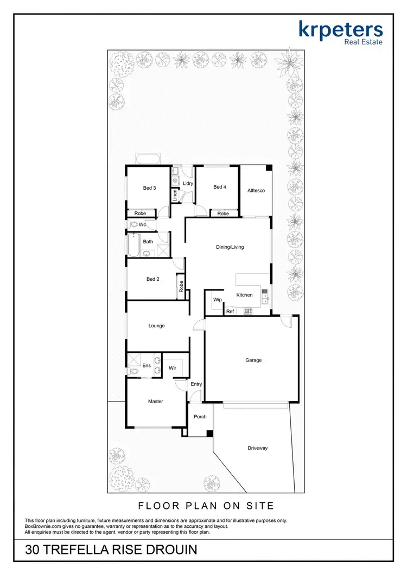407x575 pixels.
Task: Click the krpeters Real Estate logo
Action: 340,33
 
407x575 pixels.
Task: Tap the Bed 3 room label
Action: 150,188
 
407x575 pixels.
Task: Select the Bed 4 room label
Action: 219,187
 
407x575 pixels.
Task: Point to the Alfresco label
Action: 256,191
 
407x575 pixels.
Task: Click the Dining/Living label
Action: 230,247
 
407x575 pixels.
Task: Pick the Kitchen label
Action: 245,295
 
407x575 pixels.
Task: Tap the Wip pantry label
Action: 218,300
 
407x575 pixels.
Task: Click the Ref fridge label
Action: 230,312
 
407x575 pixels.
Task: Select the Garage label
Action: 253,360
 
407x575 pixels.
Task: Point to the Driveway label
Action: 258,448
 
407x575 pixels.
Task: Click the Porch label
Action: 200,417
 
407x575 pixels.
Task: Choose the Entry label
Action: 196,384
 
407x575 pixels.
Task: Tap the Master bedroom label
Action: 156,402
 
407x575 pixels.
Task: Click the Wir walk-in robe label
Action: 173,368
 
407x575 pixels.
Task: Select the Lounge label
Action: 157,326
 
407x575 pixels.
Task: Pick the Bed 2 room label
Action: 153,279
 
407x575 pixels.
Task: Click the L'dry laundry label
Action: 188,184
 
